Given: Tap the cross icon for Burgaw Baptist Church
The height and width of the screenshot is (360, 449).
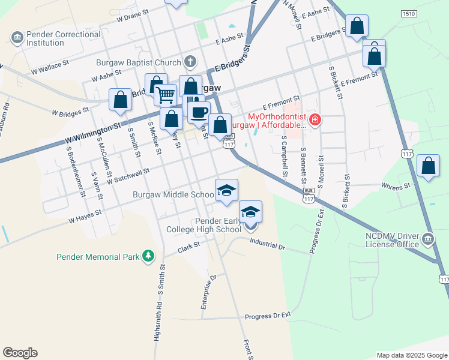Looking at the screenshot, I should coord(190,61).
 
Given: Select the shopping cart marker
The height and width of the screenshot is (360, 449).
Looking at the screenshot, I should coord(165,94).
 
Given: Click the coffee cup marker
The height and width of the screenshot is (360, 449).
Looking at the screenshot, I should coord(199,111).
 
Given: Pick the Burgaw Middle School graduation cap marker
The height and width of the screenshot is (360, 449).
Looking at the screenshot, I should coord(226,191).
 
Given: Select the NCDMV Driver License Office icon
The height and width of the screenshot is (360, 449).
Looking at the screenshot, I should coord(428,239).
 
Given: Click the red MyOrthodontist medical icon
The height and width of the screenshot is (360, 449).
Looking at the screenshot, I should coord(315,120).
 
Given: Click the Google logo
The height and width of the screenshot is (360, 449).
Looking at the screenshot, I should coord(20,352).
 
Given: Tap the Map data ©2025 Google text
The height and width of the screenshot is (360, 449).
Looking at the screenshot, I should coord(411,355).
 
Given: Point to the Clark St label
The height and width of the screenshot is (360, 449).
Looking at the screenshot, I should coord(188,248).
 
